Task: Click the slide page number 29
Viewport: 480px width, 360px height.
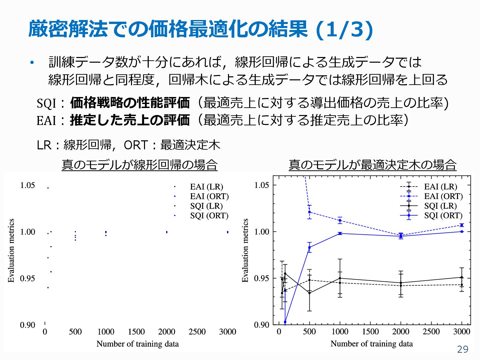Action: tap(463, 349)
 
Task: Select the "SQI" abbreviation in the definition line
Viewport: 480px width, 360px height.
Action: tap(46, 103)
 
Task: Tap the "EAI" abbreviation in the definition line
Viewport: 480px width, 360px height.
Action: tap(46, 120)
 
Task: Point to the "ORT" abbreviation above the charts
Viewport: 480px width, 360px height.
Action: tap(135, 145)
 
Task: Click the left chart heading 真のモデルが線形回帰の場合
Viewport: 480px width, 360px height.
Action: tap(139, 165)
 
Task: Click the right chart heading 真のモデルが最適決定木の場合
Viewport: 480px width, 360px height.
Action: tap(372, 165)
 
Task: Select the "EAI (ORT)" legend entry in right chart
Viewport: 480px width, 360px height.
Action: tap(443, 196)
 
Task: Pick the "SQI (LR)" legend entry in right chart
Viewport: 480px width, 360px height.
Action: tap(440, 206)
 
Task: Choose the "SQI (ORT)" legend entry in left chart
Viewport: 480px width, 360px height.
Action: tap(209, 216)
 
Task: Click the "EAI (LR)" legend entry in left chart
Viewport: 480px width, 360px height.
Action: tap(206, 187)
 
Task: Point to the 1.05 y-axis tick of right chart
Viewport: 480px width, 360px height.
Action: tap(261, 185)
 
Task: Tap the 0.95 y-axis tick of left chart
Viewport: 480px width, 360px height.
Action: tap(27, 278)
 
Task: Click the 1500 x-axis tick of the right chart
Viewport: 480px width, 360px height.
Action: tap(370, 332)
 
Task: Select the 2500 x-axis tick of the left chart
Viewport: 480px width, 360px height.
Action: tap(197, 332)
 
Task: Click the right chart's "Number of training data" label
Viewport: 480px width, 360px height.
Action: tap(371, 344)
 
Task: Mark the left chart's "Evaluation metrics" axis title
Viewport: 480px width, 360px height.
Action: tap(11, 250)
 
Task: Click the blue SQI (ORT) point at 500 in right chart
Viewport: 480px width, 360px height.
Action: tap(309, 247)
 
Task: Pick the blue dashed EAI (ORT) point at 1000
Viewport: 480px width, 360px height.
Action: tap(340, 220)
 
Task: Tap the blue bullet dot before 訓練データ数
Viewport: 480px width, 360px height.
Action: tap(32, 62)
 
